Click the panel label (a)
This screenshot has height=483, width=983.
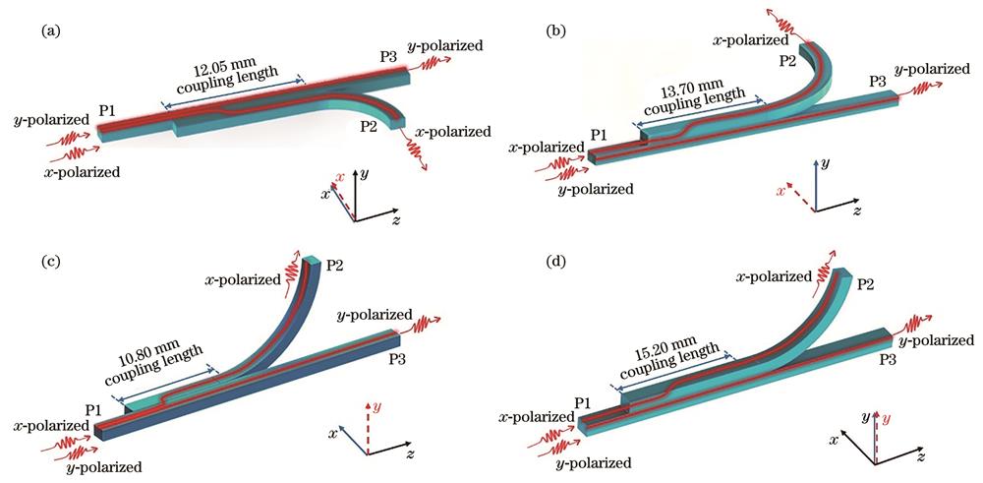pos(50,30)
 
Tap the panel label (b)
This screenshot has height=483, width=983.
pos(556,30)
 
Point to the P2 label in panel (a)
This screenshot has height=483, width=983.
pos(370,127)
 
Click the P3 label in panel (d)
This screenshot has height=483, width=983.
pos(888,359)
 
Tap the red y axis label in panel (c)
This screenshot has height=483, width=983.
pos(376,406)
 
